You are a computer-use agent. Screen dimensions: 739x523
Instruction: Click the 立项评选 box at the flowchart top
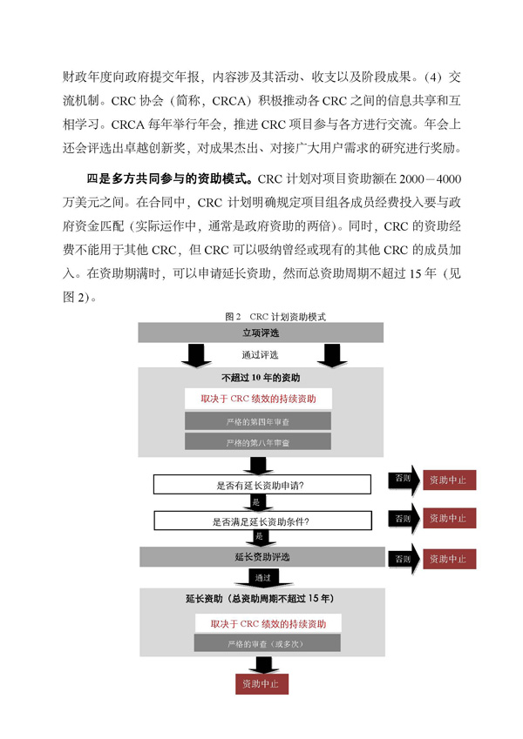point(261,333)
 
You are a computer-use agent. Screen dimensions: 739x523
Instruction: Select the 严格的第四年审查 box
point(258,421)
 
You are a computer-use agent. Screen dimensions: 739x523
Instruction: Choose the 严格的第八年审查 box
point(258,442)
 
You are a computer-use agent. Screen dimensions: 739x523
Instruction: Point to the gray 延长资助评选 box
point(261,556)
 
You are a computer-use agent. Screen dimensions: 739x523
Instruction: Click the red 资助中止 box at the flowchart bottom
point(261,684)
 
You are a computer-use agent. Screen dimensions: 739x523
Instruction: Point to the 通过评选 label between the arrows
point(260,355)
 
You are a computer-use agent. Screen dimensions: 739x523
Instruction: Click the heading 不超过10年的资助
point(261,378)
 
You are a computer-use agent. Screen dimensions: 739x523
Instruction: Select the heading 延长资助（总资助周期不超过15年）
point(261,600)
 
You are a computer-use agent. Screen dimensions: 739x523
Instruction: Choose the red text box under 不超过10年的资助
point(258,399)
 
